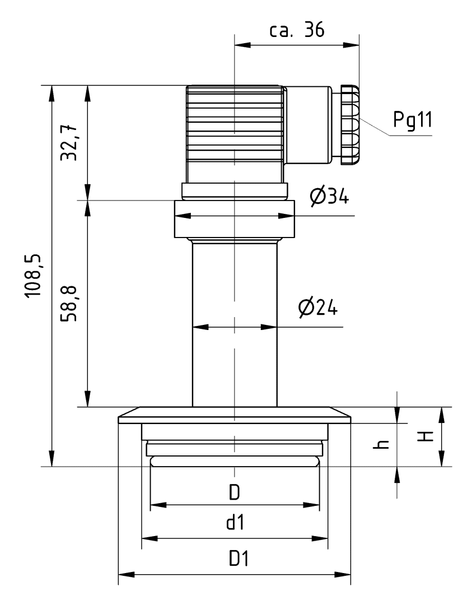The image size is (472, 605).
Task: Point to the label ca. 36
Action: coord(297,30)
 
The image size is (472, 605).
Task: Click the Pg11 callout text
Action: coord(412,120)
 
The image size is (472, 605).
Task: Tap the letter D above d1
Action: coord(234,492)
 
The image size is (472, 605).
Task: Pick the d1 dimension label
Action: coord(234,524)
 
